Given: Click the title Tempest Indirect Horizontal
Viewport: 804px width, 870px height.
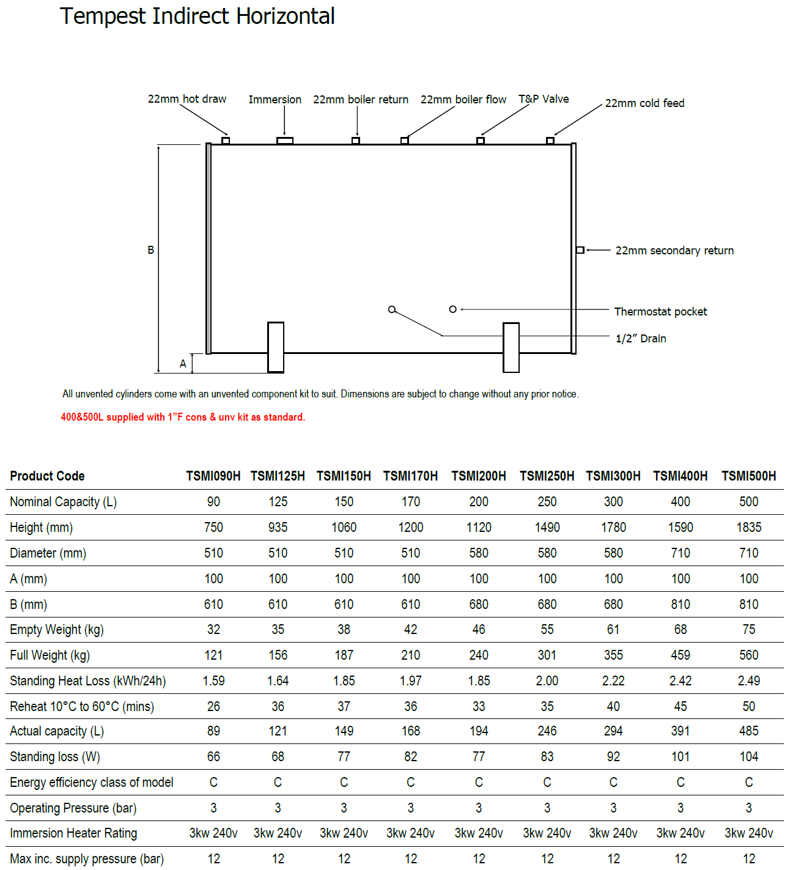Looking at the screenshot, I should (x=197, y=17).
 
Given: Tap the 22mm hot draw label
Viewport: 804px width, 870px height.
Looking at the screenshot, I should (x=186, y=99).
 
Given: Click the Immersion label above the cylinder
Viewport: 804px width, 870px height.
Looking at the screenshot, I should (x=275, y=100).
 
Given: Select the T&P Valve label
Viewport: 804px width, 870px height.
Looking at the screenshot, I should (x=544, y=99).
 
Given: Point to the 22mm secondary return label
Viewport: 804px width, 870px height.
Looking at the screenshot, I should (x=674, y=251).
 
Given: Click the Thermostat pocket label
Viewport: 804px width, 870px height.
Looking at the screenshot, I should (x=660, y=312).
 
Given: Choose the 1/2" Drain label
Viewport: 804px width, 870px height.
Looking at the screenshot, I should (x=641, y=339).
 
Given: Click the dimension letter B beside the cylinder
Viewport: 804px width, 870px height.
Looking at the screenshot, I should (x=151, y=250).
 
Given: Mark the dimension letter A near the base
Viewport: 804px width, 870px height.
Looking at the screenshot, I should (x=183, y=364).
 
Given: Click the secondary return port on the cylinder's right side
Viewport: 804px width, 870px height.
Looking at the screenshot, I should (x=580, y=250).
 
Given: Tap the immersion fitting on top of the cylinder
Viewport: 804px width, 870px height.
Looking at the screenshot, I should (x=285, y=141).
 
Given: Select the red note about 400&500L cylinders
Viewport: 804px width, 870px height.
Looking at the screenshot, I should (x=183, y=417).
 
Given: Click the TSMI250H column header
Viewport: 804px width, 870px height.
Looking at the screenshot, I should (x=547, y=476).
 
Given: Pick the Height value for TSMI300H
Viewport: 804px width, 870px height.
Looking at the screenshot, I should (x=613, y=528).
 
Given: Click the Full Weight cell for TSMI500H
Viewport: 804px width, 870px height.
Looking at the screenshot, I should (x=748, y=655).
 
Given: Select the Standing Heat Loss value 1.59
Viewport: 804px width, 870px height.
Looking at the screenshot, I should (x=213, y=681).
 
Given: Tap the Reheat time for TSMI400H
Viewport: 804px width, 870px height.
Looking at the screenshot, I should (x=680, y=707).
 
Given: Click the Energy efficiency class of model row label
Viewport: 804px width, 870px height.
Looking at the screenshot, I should (x=92, y=783).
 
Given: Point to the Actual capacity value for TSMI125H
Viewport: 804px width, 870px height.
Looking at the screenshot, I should (x=278, y=731).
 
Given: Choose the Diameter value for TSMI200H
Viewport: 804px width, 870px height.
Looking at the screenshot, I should (x=479, y=553).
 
